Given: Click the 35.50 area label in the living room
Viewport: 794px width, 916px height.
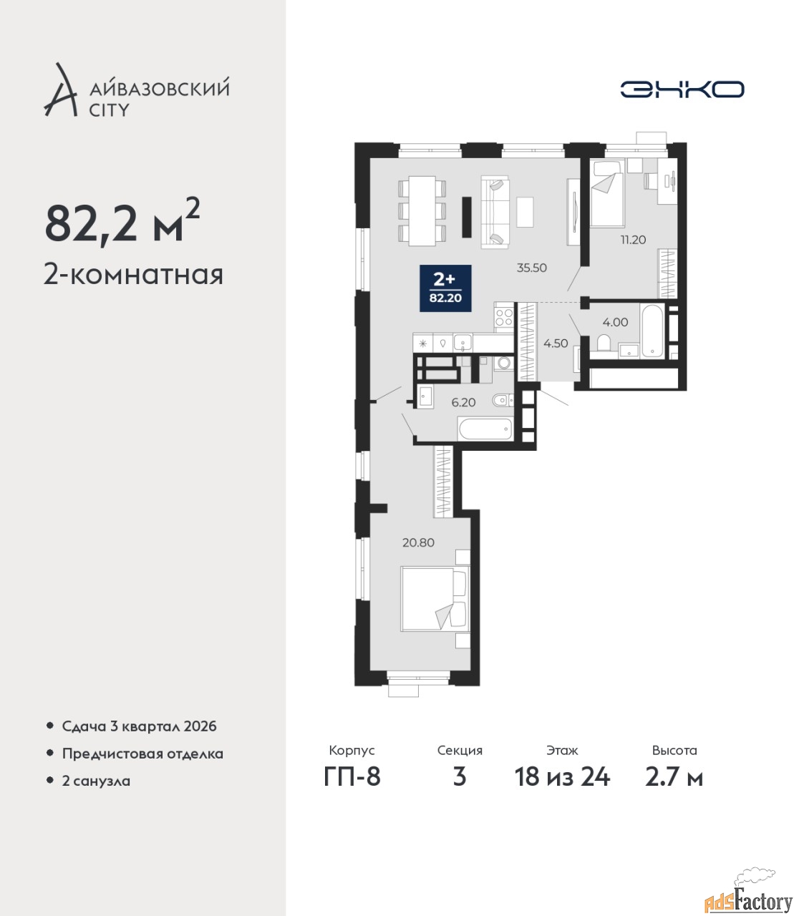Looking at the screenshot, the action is pyautogui.click(x=531, y=268).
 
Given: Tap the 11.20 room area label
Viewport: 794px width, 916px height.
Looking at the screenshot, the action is pyautogui.click(x=633, y=240).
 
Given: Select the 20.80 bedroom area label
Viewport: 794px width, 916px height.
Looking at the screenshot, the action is pyautogui.click(x=418, y=542).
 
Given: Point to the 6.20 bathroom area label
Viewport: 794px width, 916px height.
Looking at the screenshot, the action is pyautogui.click(x=463, y=402).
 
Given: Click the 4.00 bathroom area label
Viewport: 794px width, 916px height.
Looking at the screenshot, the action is pyautogui.click(x=615, y=322).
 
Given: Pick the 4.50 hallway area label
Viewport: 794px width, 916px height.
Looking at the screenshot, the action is pyautogui.click(x=556, y=343).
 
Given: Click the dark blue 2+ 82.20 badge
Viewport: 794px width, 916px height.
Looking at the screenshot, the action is pyautogui.click(x=445, y=288).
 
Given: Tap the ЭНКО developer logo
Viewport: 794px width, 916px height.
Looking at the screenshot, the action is pyautogui.click(x=682, y=89).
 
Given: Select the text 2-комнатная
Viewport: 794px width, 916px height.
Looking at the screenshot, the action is pyautogui.click(x=133, y=276).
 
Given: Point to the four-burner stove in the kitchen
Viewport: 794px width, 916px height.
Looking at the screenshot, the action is pyautogui.click(x=504, y=317).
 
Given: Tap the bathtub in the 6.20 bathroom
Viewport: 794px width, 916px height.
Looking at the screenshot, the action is pyautogui.click(x=485, y=429).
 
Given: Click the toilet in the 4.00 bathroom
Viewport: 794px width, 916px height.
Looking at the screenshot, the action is pyautogui.click(x=604, y=343).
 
